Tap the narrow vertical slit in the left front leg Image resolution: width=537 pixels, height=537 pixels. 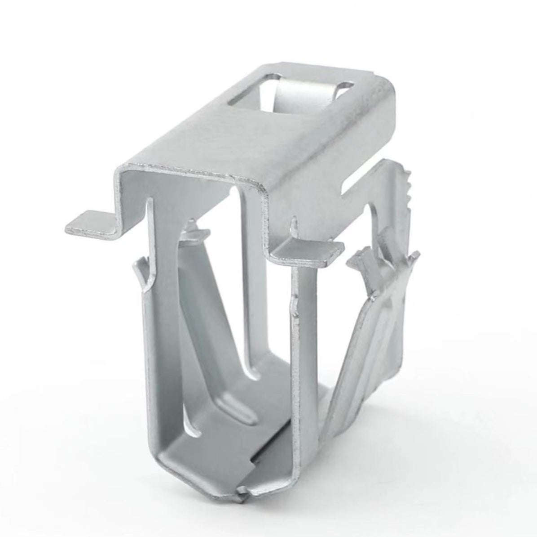[148, 234]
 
